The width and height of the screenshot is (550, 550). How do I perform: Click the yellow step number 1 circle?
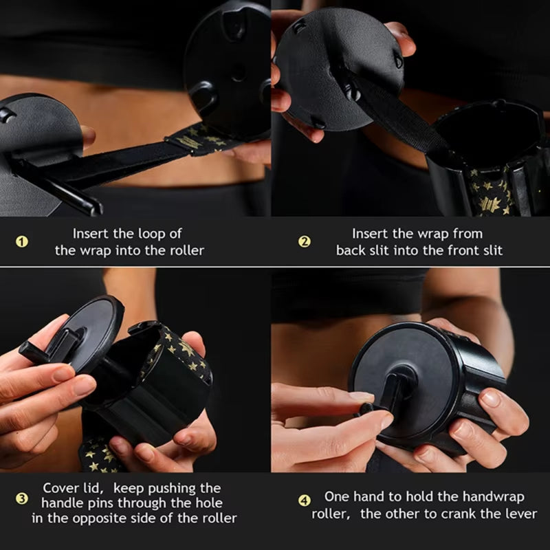click(x=22, y=241)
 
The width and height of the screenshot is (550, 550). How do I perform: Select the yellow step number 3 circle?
click(x=22, y=498)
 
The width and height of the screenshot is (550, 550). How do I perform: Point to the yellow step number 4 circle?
click(x=304, y=498)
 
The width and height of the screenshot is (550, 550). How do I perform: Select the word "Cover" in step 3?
click(x=61, y=488)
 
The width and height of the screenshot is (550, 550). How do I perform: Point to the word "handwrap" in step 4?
click(x=493, y=497)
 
